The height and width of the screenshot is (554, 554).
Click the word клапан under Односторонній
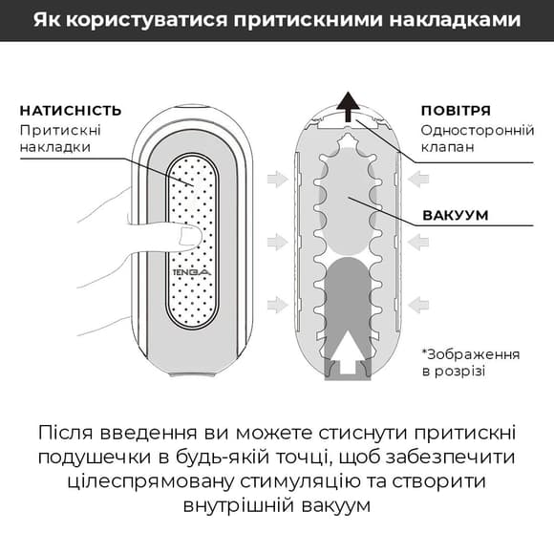pyautogui.click(x=447, y=148)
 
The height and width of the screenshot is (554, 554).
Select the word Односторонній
pyautogui.click(x=472, y=129)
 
